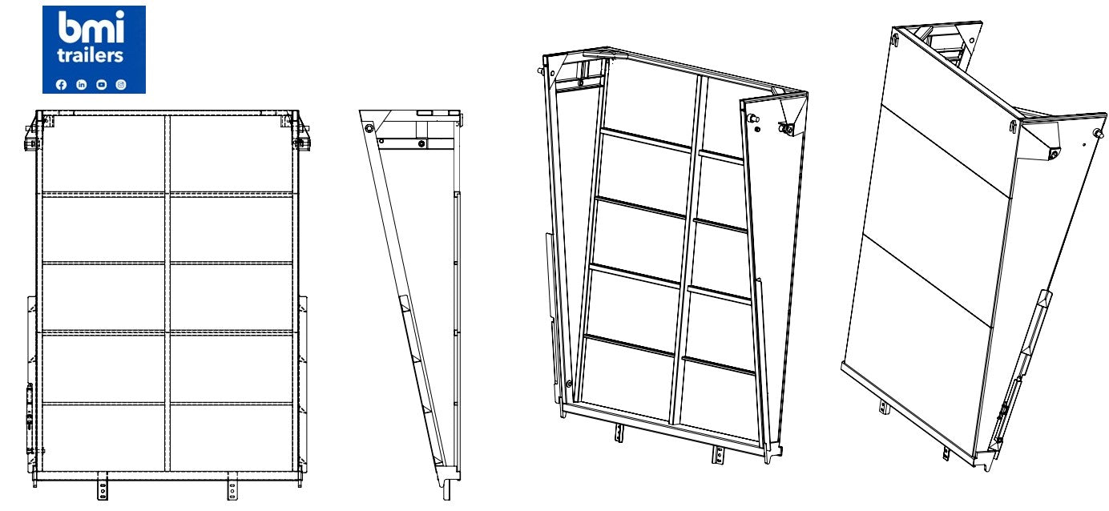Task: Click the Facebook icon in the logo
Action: coord(61,85)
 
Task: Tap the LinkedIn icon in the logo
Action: coord(81,85)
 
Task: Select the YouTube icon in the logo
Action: coord(102,85)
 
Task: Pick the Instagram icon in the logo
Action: coord(121,85)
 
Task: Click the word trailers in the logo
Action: coord(90,54)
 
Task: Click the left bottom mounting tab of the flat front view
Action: coord(103,486)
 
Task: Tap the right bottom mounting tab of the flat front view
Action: coord(232,486)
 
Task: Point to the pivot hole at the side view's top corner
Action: coord(369,129)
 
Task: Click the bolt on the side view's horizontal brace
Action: coord(421,143)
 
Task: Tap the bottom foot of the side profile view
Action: coord(446,489)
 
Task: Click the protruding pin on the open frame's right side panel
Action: coord(753,119)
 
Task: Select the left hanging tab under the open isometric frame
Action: coord(619,433)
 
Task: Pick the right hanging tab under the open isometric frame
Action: coord(717,454)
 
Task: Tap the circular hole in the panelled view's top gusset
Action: coord(972,41)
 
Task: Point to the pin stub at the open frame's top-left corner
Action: coord(541,71)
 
